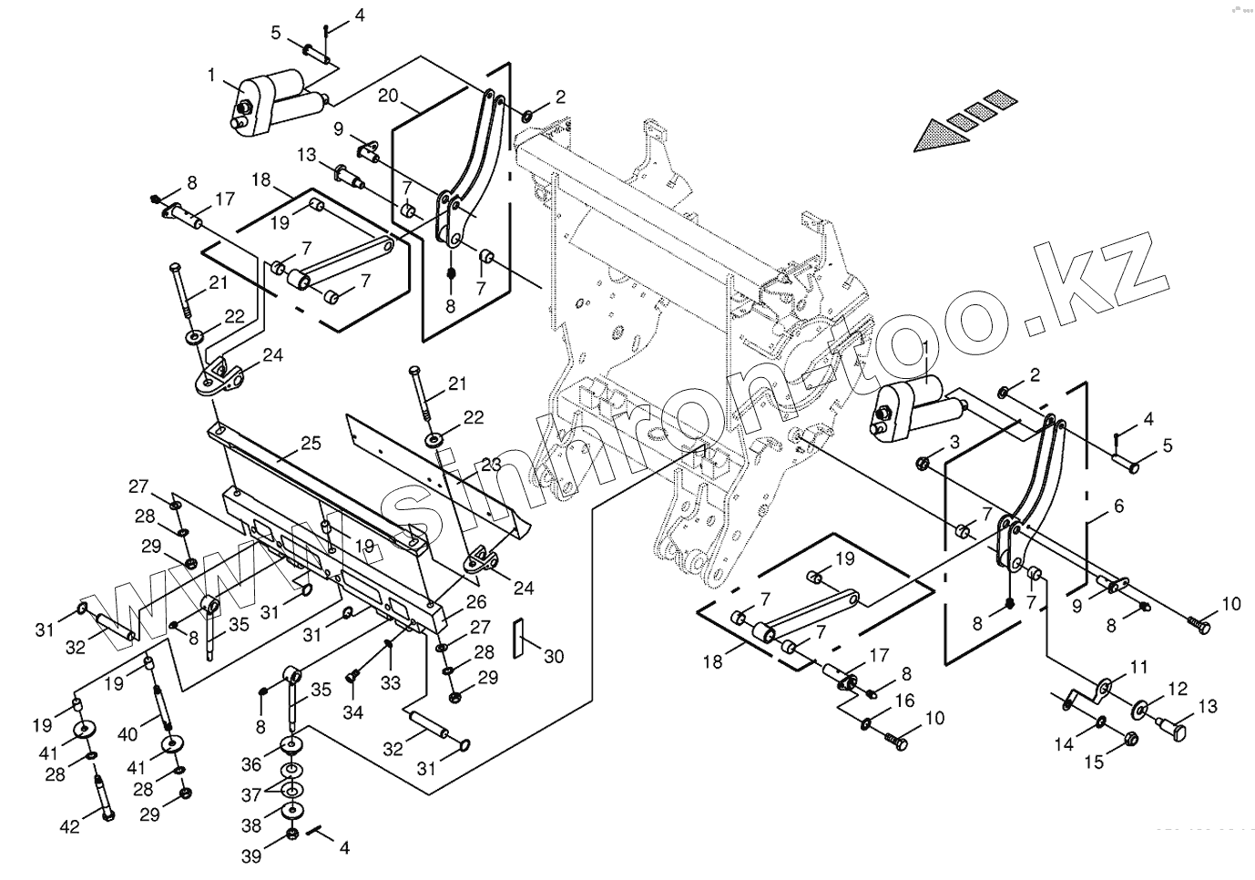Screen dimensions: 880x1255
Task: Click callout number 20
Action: tap(389, 95)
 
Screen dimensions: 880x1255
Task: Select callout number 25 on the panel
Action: tap(311, 444)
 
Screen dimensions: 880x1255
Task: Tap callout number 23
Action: tap(491, 464)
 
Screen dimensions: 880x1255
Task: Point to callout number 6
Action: tap(1118, 505)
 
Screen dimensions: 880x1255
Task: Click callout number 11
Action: tap(1138, 668)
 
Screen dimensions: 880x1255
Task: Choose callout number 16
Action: tap(904, 701)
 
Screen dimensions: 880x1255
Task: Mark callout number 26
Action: tap(476, 601)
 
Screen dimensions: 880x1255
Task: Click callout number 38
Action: tap(252, 826)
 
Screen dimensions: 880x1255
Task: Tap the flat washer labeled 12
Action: tap(1141, 710)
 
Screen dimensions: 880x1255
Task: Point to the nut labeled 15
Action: tap(1131, 738)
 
